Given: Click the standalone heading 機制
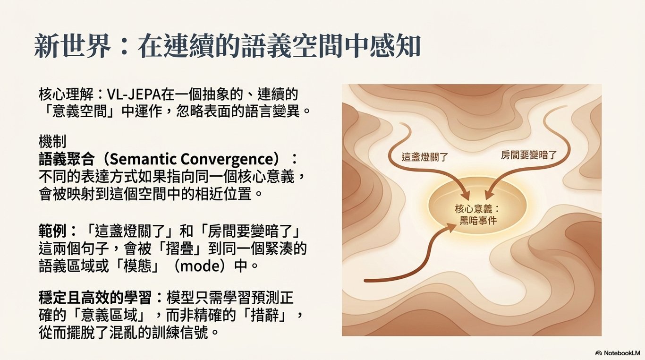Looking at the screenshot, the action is [52, 141].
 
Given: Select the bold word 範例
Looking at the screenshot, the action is [52, 231].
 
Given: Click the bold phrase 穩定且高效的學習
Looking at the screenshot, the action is [95, 298].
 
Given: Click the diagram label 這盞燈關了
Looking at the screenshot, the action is [424, 157].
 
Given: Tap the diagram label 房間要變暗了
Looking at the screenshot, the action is [529, 155].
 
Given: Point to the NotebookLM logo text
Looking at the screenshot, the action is [620, 353].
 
